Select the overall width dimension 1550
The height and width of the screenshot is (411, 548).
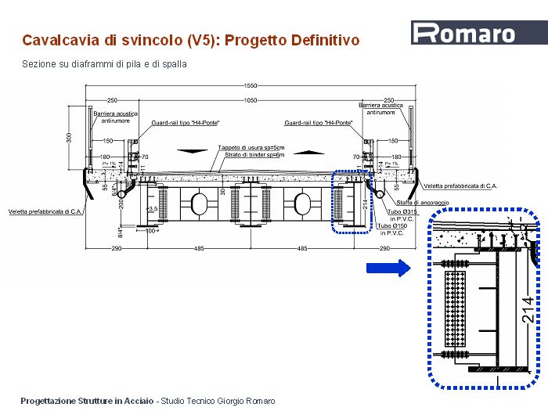[x=250, y=85]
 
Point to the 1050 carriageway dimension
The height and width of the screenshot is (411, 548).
[x=250, y=100]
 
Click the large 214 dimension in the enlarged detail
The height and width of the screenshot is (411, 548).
[x=528, y=312]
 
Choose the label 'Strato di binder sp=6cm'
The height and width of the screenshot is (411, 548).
[x=253, y=155]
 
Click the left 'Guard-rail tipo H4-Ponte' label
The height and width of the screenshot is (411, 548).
[x=186, y=123]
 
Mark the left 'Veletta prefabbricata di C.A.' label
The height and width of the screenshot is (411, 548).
[x=44, y=211]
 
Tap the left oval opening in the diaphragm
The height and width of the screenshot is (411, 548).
[x=198, y=205]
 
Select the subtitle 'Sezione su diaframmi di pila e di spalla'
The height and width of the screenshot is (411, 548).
[x=104, y=64]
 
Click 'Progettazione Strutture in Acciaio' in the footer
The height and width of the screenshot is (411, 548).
[x=87, y=401]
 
